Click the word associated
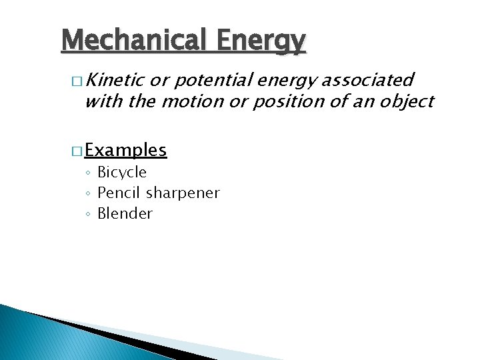(x=367, y=81)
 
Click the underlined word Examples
(x=126, y=150)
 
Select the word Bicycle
(x=122, y=173)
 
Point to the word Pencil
(x=119, y=193)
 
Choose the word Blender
(x=125, y=214)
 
